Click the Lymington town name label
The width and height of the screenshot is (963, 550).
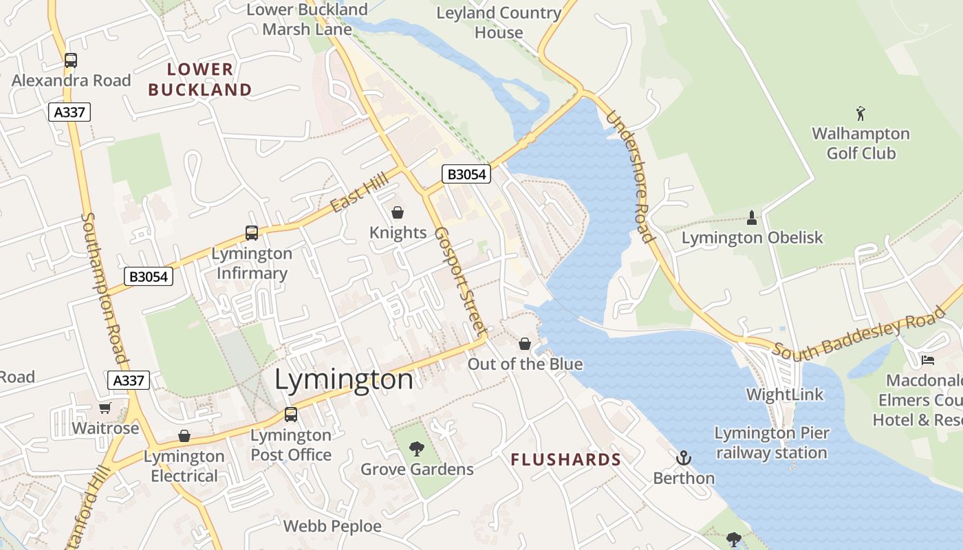344,379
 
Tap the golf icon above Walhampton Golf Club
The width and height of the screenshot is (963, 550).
861,113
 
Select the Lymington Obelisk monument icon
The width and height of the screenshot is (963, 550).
751,218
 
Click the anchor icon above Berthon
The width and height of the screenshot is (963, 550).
683,458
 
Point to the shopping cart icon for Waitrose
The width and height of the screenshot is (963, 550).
105,408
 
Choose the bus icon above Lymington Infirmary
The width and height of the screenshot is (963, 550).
252,233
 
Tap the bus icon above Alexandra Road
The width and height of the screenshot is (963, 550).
71,60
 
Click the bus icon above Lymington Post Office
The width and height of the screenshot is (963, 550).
291,415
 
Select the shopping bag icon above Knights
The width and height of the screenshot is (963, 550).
398,212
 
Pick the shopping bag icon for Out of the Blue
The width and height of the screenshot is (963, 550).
525,344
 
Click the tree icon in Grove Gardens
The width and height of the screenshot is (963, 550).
416,449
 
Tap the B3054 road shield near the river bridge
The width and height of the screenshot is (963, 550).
467,175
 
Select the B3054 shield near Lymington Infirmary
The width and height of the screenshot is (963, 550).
149,276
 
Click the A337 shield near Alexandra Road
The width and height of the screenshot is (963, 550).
69,111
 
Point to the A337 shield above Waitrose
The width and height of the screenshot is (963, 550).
129,380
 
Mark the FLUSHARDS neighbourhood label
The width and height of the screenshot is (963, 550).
565,460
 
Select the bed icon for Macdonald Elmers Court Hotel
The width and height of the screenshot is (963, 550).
928,360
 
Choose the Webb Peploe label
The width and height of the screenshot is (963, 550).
332,527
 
